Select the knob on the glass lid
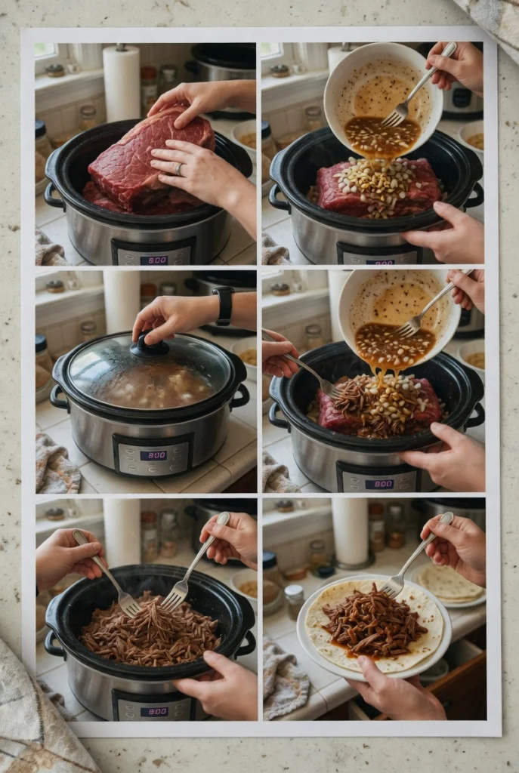tap(149, 346)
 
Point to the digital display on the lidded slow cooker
tap(153, 455)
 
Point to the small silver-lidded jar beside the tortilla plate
tap(295, 601)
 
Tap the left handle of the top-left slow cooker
tap(52, 195)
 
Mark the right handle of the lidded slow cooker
tap(241, 395)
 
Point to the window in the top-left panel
tap(45, 51)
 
